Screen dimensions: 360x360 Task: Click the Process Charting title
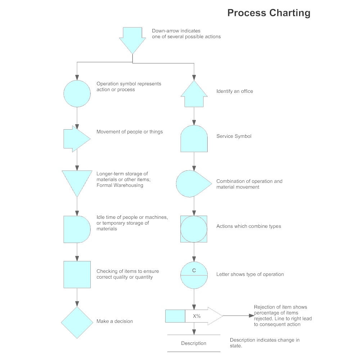pos(269,13)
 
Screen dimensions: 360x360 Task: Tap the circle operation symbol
pos(77,94)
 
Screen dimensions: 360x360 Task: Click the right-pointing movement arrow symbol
pos(76,139)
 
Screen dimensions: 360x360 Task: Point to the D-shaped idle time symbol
pos(76,229)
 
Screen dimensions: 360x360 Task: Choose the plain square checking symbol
pos(77,275)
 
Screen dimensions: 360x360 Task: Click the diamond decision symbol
pos(77,323)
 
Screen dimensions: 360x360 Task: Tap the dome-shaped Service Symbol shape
pos(194,139)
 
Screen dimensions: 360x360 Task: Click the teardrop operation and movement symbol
pos(192,184)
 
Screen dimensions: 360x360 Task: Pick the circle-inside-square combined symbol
pos(194,229)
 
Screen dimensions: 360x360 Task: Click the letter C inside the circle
pos(194,270)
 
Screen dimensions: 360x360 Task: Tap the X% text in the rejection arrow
pos(197,316)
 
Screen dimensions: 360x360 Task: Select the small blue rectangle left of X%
pos(175,316)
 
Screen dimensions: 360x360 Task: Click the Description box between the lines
pos(194,343)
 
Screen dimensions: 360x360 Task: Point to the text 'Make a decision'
pos(114,321)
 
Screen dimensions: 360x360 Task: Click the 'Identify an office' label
pos(234,91)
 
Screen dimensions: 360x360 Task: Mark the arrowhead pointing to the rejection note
pos(252,316)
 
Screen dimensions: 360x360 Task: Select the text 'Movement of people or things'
pos(130,132)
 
